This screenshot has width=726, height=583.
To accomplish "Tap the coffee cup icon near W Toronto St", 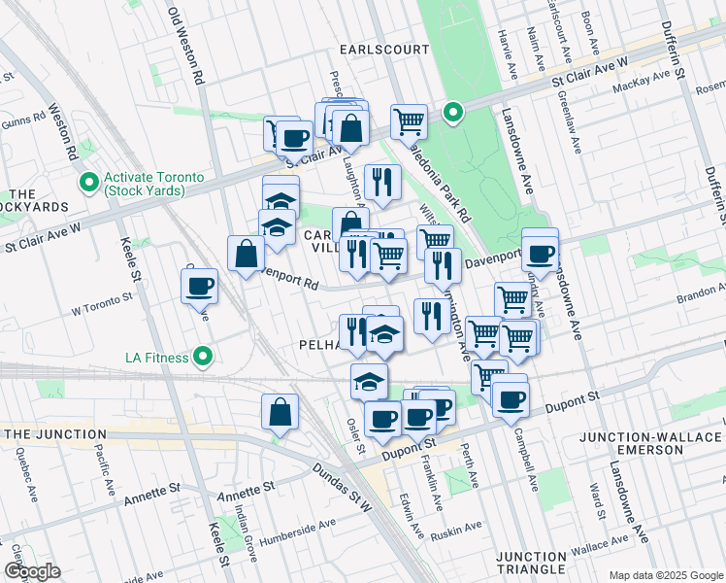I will [x=199, y=286].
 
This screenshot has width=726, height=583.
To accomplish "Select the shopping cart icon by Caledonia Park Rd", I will [x=409, y=121].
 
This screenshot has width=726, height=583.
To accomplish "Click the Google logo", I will [x=31, y=571].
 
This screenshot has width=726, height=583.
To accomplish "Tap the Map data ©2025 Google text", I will [x=665, y=575].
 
